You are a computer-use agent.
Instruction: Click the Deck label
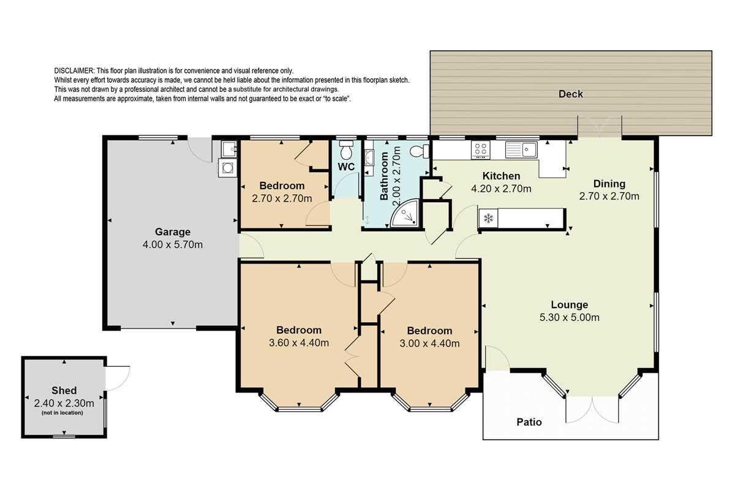click(x=571, y=94)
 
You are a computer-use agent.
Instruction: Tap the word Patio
click(x=529, y=422)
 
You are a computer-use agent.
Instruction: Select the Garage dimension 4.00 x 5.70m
click(x=173, y=244)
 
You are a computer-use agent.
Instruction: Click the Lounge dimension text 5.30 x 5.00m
click(x=569, y=317)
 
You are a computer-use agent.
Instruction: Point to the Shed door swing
click(x=118, y=379)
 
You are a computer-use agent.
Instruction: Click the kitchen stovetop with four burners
click(x=481, y=150)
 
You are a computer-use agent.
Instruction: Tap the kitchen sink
click(x=521, y=149)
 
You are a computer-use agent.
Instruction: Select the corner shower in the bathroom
click(x=405, y=213)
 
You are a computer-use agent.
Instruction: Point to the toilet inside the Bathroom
click(x=420, y=151)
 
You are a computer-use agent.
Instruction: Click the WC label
click(x=346, y=167)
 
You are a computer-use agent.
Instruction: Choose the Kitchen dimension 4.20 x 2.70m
click(x=501, y=189)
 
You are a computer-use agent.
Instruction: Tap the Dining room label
click(x=609, y=184)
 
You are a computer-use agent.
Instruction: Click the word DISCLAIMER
click(x=75, y=70)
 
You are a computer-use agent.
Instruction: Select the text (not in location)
click(x=62, y=413)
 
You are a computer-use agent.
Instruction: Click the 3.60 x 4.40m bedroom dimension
click(x=299, y=343)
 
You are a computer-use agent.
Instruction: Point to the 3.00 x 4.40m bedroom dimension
click(x=429, y=343)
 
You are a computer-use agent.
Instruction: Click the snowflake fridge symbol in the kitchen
click(x=488, y=218)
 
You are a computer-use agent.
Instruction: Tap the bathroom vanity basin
click(x=369, y=158)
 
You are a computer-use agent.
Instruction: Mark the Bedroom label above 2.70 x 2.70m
click(x=282, y=186)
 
